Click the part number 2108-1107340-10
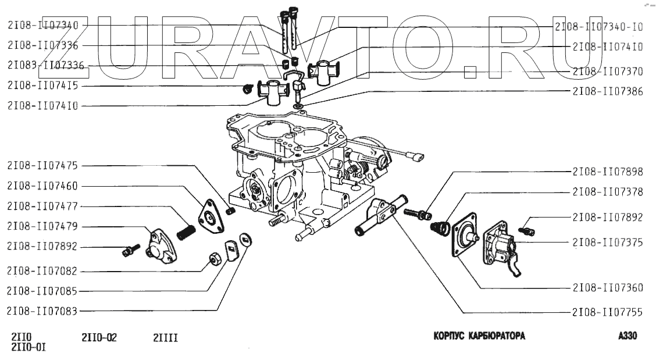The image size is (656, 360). pos(599,27)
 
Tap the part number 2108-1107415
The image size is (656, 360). pos(44,86)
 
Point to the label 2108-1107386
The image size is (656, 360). pos(608,91)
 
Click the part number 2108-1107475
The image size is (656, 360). pos(44,166)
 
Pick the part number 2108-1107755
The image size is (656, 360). pos(608,312)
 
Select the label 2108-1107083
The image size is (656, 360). pos(44,311)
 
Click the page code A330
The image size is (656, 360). pos(629,336)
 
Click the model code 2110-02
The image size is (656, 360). pos(100,336)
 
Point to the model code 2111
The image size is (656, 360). pos(165,336)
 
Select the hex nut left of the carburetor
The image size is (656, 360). pos(213,258)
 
